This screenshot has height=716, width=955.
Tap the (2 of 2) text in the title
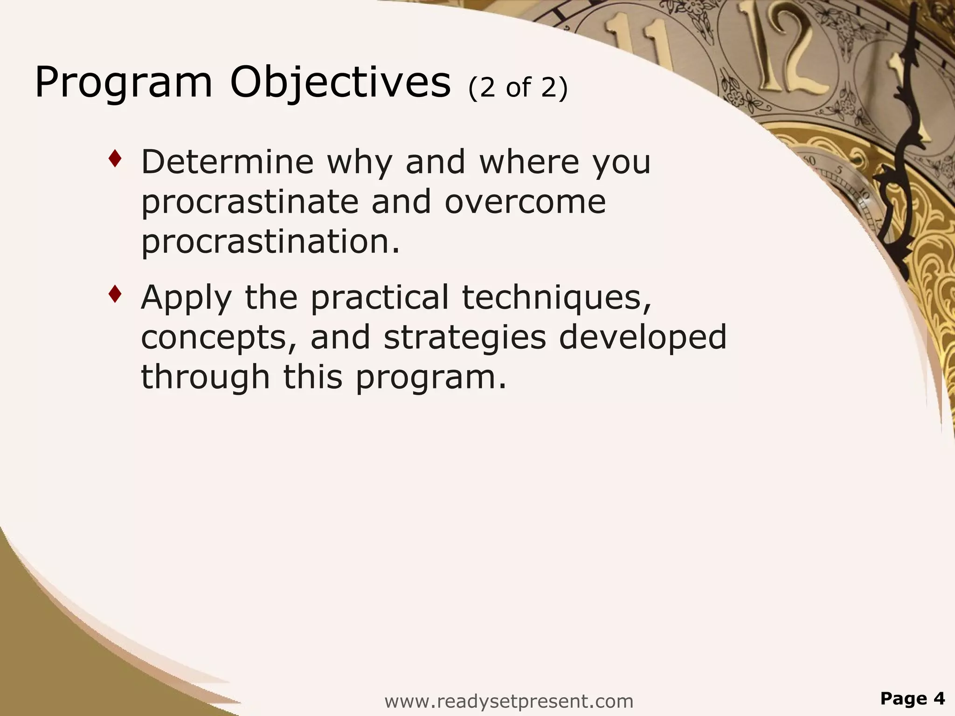(518, 88)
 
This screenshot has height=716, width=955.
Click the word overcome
(525, 202)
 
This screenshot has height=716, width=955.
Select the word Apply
(186, 298)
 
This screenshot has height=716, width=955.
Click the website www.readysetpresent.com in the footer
(509, 701)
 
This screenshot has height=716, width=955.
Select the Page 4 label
(912, 699)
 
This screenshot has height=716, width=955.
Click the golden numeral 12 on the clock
(788, 51)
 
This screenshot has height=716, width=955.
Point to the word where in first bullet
(529, 162)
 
